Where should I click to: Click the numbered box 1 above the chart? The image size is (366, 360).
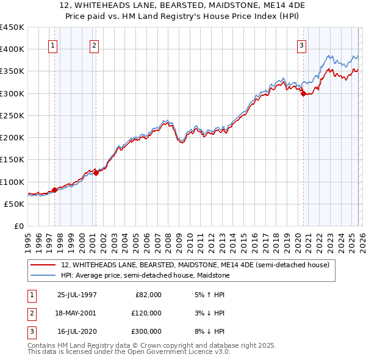pyautogui.click(x=52, y=45)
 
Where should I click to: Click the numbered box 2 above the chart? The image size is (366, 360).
pyautogui.click(x=94, y=45)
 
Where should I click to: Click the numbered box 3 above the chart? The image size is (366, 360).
pyautogui.click(x=301, y=45)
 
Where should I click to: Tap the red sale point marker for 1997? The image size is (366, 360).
pyautogui.click(x=54, y=190)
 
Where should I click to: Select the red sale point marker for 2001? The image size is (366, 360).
pyautogui.click(x=96, y=173)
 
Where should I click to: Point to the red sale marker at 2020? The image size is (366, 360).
pyautogui.click(x=303, y=93)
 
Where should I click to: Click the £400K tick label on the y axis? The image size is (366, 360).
pyautogui.click(x=12, y=49)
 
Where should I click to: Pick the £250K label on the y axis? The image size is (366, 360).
pyautogui.click(x=12, y=115)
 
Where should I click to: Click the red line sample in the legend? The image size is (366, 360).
pyautogui.click(x=43, y=265)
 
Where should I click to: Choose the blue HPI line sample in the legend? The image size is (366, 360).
pyautogui.click(x=43, y=275)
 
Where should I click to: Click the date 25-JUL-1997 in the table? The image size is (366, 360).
pyautogui.click(x=77, y=295)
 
